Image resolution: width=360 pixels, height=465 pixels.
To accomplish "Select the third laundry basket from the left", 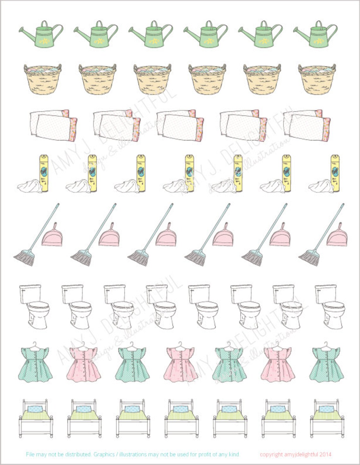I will [153, 79].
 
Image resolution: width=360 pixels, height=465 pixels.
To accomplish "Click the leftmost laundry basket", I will [43, 79].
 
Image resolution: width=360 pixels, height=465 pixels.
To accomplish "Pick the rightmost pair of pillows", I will [307, 126].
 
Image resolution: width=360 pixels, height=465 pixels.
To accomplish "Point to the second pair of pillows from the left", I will [117, 126].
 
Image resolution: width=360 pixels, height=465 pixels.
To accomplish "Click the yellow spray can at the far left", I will [44, 173].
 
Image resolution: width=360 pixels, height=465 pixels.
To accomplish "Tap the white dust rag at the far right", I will [320, 186].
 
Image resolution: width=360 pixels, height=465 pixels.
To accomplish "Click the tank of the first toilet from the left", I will [30, 294].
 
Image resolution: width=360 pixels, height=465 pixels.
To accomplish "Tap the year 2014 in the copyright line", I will [325, 455].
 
